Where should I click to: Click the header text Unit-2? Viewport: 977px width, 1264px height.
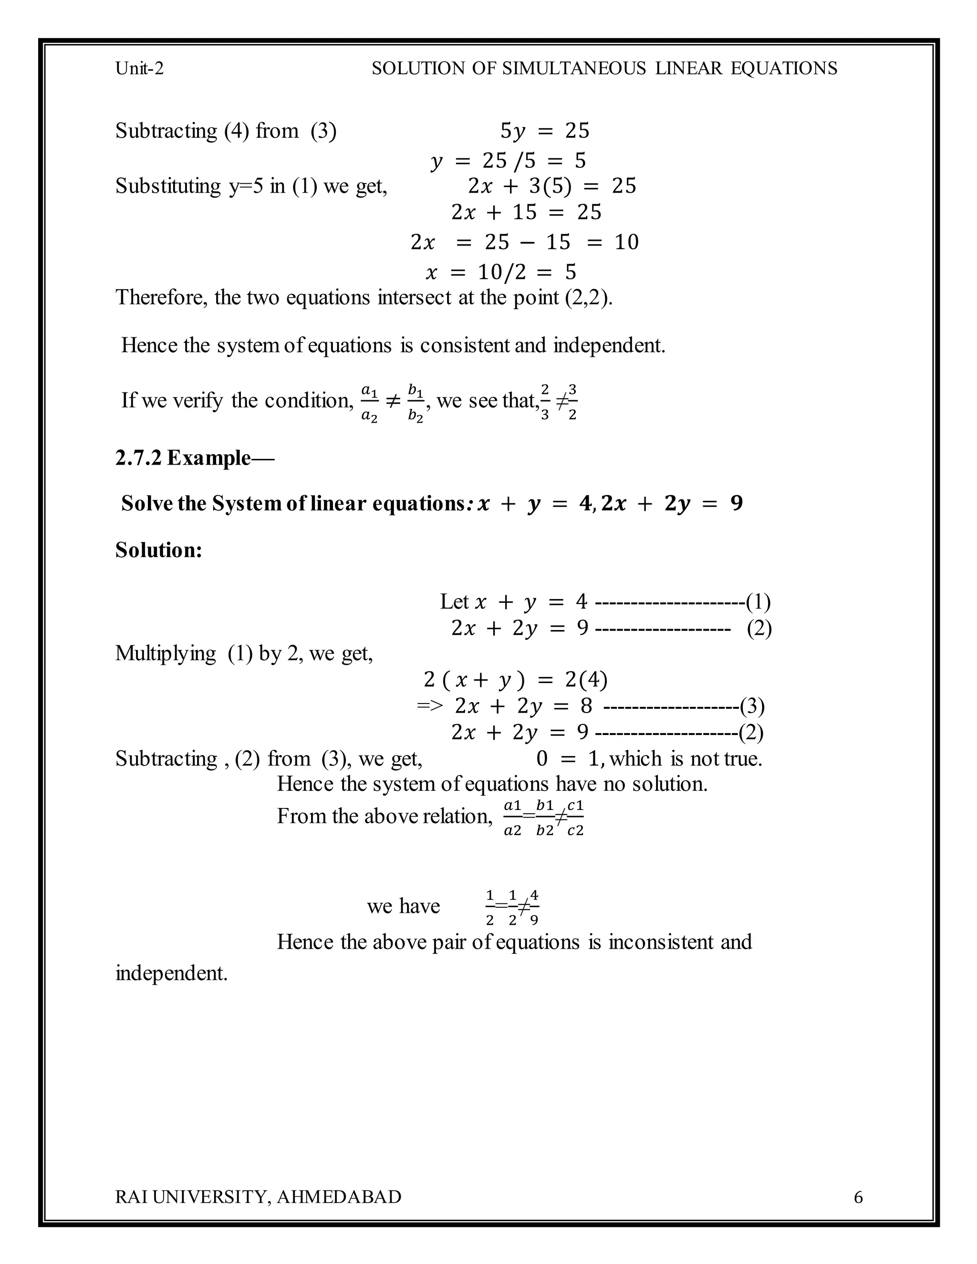coord(139,68)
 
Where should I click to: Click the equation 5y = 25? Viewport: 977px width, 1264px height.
coord(544,131)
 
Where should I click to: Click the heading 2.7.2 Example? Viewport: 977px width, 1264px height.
coord(194,458)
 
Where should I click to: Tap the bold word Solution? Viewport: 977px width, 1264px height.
coord(158,550)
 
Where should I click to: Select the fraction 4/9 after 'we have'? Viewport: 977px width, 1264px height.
coord(534,907)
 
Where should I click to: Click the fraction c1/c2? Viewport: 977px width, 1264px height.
coord(575,818)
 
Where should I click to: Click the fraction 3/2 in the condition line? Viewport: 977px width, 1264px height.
coord(572,402)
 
